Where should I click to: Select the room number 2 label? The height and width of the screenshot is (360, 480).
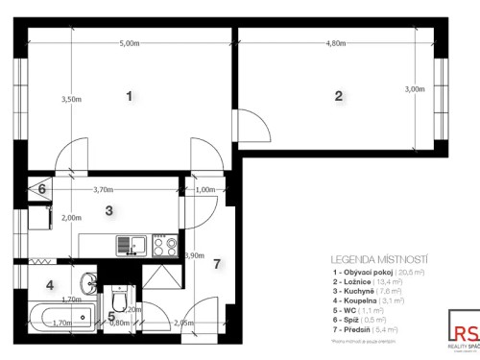click(338, 95)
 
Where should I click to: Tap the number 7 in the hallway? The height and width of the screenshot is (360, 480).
click(217, 264)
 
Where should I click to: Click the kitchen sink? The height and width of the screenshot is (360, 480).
click(129, 244)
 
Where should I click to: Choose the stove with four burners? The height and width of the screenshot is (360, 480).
click(164, 245)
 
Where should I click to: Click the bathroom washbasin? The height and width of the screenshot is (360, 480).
click(87, 282)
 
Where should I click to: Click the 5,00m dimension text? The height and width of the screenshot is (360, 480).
click(130, 44)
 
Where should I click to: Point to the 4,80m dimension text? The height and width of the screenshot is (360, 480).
click(336, 44)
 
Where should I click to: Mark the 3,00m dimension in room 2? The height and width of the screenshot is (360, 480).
click(415, 89)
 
